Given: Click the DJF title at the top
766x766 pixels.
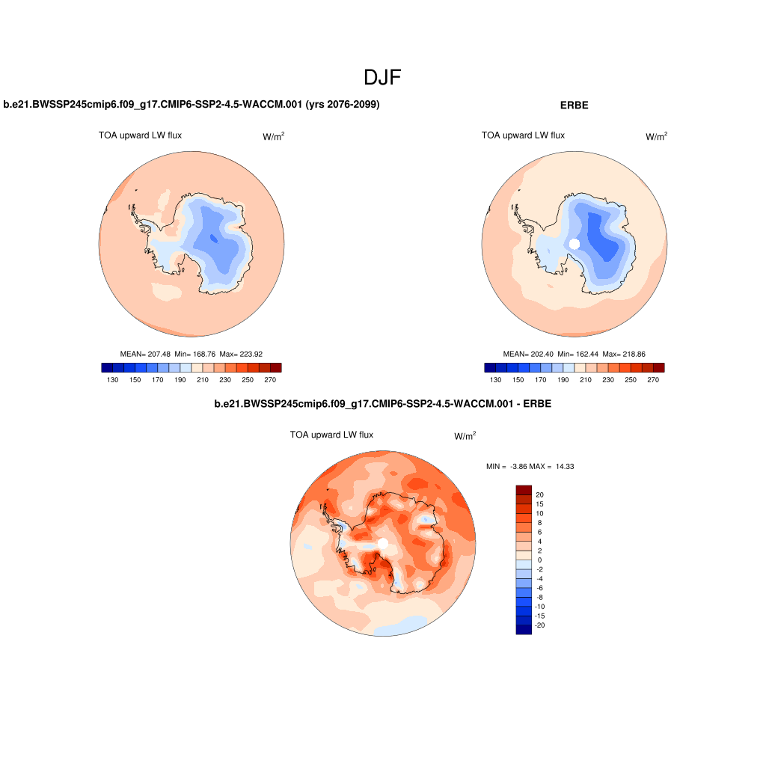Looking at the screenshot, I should (382, 78).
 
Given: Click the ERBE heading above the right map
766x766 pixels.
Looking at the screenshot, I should (574, 105).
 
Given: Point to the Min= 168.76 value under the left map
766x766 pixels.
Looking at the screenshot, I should (196, 354).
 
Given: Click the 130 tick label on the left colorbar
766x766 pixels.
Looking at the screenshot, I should (113, 380).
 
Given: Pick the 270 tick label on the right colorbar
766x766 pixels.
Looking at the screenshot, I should (652, 380).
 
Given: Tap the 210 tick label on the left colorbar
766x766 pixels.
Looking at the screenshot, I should (203, 380).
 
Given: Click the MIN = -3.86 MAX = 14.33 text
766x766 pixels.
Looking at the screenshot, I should (530, 467).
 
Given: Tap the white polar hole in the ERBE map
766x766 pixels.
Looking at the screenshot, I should (574, 244).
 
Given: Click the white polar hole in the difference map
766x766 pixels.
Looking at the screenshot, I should (383, 543).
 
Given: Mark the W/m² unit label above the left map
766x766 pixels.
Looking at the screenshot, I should (273, 137).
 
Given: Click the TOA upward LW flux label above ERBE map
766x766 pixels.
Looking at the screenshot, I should (523, 135).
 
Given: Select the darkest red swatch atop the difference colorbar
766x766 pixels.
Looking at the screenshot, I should (524, 489).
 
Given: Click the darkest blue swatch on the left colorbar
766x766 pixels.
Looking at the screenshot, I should (107, 367).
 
